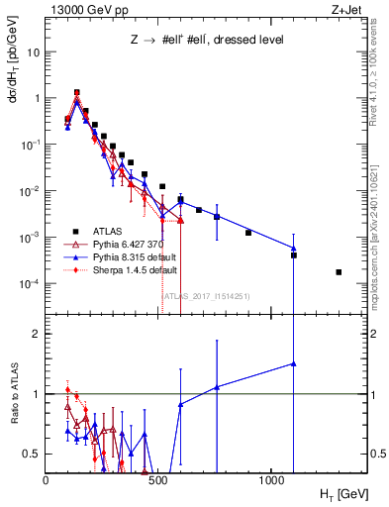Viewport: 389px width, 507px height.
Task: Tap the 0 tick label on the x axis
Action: coord(46,479)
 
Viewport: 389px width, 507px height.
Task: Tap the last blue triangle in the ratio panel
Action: coord(294,363)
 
